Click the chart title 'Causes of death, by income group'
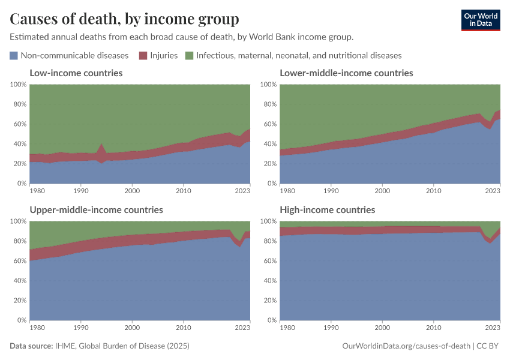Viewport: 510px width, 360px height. coord(124,19)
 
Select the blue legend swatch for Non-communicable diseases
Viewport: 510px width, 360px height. coord(14,55)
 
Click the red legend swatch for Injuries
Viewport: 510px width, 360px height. coord(143,55)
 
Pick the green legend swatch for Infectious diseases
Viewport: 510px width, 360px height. coord(189,55)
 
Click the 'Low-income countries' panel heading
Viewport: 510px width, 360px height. coord(76,73)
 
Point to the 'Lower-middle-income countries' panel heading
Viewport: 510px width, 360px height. coord(346,73)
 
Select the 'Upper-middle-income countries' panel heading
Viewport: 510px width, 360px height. coord(96,210)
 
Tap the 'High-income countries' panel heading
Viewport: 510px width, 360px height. coord(327,210)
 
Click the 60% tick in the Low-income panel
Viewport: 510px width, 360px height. coord(19,124)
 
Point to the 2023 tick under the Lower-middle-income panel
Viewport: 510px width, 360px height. coord(492,191)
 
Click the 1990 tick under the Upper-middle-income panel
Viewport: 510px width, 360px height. coord(81,328)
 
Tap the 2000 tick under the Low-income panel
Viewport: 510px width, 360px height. coord(132,191)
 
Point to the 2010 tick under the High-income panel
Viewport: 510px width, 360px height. coord(433,328)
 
